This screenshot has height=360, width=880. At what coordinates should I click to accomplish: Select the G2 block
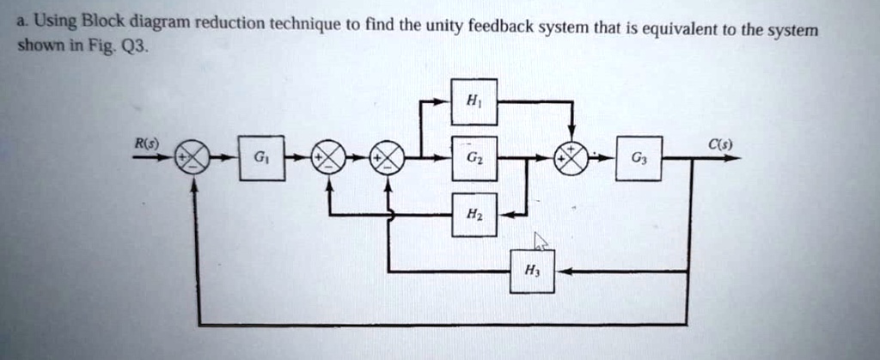click(474, 159)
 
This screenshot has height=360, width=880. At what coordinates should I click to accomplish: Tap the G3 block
click(639, 159)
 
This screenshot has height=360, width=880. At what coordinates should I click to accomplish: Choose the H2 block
click(474, 215)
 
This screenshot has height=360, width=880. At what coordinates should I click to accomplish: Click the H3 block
click(532, 272)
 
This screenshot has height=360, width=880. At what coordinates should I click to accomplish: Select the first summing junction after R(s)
click(192, 159)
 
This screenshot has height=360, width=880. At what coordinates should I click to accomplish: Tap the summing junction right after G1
click(329, 159)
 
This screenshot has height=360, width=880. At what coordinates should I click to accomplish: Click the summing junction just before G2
click(388, 159)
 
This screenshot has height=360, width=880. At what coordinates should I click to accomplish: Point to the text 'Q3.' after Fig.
click(137, 47)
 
